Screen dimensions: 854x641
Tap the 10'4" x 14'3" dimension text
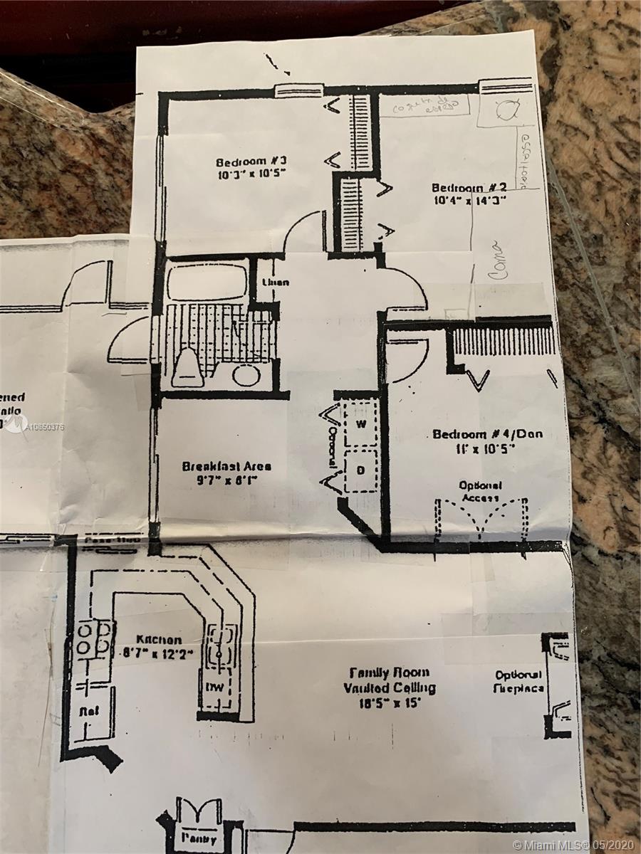click(x=469, y=201)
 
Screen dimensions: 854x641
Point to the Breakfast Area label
click(x=226, y=467)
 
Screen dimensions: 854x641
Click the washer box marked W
click(x=360, y=424)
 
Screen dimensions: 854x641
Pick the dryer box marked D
click(x=360, y=470)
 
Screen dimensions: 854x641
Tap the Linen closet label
click(x=275, y=283)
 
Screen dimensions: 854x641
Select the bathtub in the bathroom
click(x=207, y=282)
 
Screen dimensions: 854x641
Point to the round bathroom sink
click(x=246, y=374)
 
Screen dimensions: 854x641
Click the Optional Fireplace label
click(x=519, y=681)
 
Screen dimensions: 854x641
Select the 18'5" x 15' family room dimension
click(x=390, y=703)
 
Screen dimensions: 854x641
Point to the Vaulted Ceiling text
click(x=389, y=687)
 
